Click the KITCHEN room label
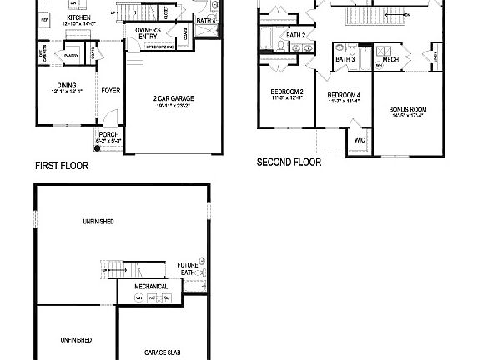(78, 17)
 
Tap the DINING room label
(67, 84)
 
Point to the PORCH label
(108, 134)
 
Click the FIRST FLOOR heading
(61, 166)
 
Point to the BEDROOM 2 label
(285, 92)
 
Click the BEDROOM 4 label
(344, 95)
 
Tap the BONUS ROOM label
(408, 109)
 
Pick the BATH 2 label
(296, 36)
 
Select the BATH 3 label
(345, 59)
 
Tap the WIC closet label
(360, 141)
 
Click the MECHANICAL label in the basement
(151, 286)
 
